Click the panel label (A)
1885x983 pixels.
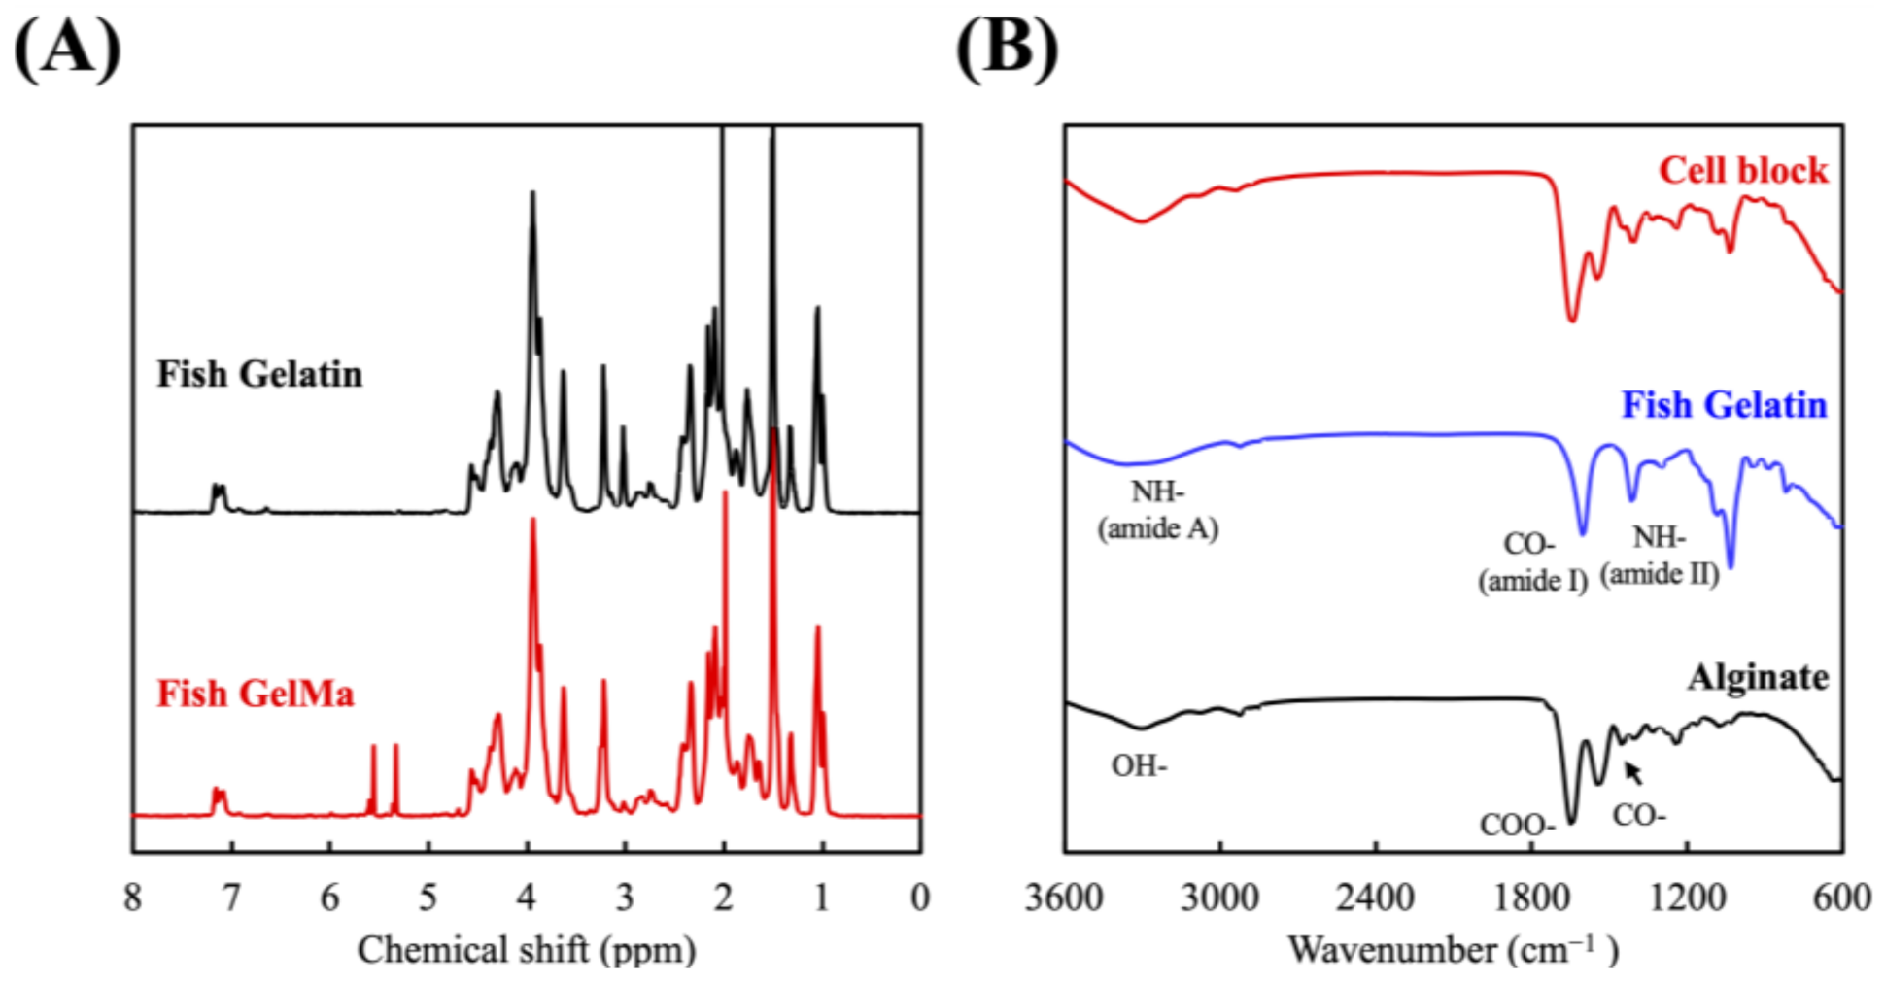point(66,49)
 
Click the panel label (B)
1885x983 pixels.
point(1008,49)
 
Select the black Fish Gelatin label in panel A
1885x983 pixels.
point(259,374)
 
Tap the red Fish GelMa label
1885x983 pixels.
point(256,694)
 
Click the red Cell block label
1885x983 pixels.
point(1742,171)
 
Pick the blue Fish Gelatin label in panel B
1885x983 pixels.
point(1724,404)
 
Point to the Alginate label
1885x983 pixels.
point(1758,677)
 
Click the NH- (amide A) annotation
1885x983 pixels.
point(1157,510)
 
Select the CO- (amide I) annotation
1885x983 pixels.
point(1532,561)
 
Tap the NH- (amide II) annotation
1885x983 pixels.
point(1660,556)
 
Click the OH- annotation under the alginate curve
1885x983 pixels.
point(1139,766)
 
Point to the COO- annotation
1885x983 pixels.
point(1517,826)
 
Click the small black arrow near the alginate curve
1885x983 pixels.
point(1634,773)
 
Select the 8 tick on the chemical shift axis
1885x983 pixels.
point(133,898)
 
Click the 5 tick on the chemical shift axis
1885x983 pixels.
point(428,898)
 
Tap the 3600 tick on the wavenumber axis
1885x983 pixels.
point(1064,898)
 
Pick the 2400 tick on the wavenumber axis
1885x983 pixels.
point(1375,898)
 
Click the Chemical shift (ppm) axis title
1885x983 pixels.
point(526,950)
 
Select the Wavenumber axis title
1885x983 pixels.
point(1453,950)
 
